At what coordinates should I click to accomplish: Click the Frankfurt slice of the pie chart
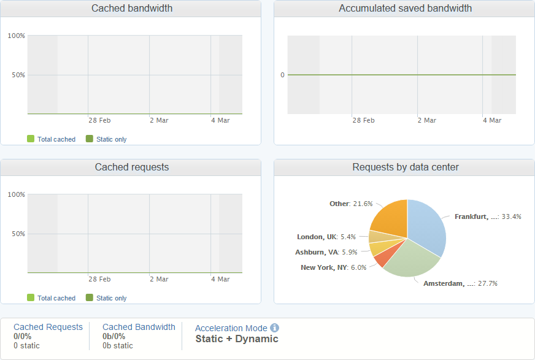tap(429, 227)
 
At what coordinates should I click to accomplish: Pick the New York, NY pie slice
tap(382, 258)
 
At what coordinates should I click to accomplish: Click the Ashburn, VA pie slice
tap(377, 248)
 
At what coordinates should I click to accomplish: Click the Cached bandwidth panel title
tap(132, 9)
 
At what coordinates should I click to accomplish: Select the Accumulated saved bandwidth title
tap(406, 9)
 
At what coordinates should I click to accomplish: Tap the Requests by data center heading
tap(406, 167)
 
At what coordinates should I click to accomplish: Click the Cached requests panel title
tap(132, 167)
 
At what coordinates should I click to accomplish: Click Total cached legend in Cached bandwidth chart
tap(56, 139)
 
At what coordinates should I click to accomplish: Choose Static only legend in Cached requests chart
tap(111, 298)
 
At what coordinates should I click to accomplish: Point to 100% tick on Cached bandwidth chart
tap(17, 36)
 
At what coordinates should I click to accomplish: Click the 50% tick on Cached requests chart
tap(18, 234)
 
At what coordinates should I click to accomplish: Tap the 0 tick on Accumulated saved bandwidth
tap(282, 75)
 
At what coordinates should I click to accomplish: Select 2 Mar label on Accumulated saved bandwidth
tap(427, 120)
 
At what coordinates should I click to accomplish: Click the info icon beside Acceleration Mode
tap(275, 328)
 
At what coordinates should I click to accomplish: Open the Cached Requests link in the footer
tap(48, 327)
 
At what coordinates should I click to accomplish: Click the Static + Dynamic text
tap(237, 339)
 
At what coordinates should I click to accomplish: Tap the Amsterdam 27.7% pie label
tap(460, 283)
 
